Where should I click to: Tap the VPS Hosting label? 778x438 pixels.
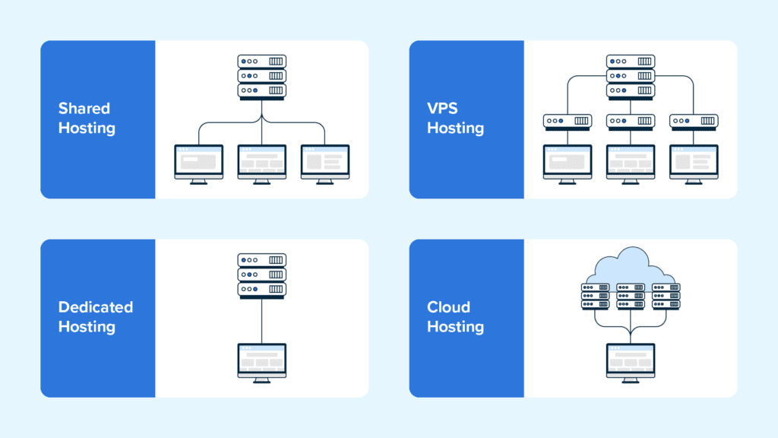(455, 119)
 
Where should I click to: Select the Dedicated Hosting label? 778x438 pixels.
(96, 317)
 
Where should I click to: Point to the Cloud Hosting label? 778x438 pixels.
(455, 317)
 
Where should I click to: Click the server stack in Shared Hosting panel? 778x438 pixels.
(262, 76)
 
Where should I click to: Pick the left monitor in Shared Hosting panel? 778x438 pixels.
(199, 163)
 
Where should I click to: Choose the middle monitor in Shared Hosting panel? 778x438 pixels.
(262, 163)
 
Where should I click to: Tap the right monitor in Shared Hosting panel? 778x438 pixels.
(325, 163)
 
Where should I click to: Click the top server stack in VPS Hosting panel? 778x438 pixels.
(631, 76)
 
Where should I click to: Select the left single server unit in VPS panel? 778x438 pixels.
(568, 121)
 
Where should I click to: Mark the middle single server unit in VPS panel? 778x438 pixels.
(631, 121)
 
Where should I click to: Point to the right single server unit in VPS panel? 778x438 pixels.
(694, 121)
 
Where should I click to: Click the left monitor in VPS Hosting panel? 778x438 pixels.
(568, 163)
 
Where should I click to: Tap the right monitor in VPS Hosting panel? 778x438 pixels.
(694, 163)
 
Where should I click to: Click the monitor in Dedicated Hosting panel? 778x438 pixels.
(262, 362)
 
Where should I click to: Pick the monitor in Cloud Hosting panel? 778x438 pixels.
(631, 362)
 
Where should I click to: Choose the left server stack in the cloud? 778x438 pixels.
(596, 296)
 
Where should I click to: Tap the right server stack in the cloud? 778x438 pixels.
(666, 296)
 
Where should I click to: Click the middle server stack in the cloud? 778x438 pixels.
(631, 296)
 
